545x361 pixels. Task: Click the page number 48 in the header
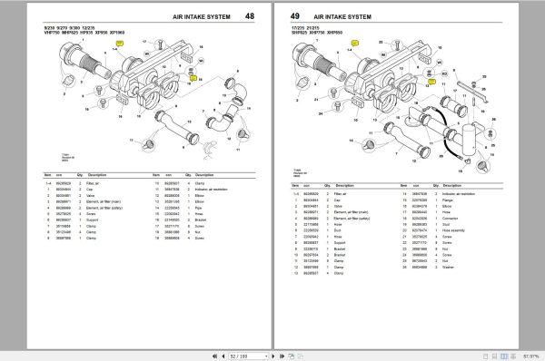[249, 17]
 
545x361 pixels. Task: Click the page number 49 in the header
[295, 17]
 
